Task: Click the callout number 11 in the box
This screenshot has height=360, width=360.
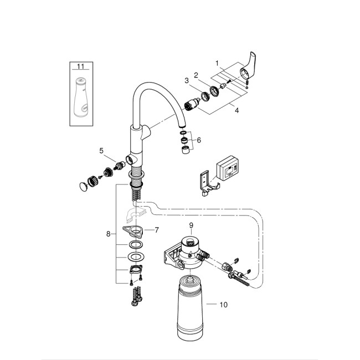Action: [x=81, y=66]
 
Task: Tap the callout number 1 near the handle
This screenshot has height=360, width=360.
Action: [x=218, y=63]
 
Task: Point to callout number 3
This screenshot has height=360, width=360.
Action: [x=187, y=81]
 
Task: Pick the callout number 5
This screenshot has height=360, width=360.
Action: [x=101, y=150]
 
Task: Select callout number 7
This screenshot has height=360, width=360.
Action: [x=157, y=229]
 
